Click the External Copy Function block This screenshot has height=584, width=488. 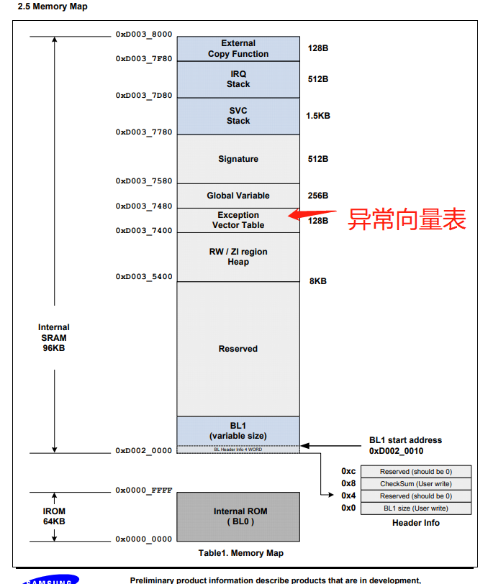238,49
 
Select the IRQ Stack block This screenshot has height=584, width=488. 238,79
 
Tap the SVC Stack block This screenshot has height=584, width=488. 238,116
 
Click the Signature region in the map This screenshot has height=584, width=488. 238,159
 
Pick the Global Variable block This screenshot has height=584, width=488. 238,196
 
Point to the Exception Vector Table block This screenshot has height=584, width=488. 238,220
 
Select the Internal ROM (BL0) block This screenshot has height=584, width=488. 238,516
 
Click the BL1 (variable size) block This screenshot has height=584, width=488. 238,431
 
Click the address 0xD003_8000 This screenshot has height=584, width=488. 144,35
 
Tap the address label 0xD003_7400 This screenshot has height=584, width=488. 144,231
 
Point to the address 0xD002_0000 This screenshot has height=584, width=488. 144,451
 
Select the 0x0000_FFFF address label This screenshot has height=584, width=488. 144,491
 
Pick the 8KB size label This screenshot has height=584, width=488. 317,281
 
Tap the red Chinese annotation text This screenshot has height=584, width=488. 407,219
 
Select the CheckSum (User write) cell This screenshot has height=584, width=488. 415,484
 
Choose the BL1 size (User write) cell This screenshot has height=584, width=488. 415,508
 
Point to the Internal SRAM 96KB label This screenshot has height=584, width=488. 54,337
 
